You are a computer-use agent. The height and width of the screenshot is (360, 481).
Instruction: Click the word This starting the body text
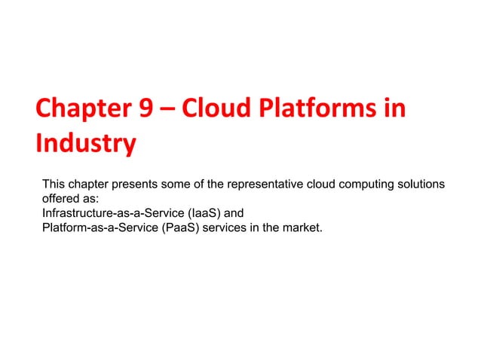54,185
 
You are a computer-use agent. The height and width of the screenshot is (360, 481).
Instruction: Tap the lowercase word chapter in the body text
89,185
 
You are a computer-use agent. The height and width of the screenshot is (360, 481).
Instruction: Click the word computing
362,185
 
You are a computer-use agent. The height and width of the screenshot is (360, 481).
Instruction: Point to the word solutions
419,185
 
